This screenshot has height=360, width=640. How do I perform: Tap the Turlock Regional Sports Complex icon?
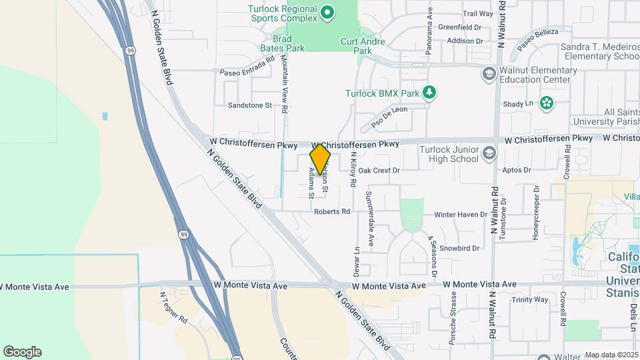[x=327, y=12]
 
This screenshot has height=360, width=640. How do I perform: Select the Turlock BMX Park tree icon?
[x=430, y=93]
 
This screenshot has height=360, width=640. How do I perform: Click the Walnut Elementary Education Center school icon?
[x=489, y=73]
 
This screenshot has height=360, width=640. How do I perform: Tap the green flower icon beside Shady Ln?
[x=547, y=103]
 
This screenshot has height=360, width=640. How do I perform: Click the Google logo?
[x=22, y=352]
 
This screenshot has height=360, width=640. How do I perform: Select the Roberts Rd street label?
[x=332, y=212]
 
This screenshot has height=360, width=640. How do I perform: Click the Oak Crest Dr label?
[x=379, y=171]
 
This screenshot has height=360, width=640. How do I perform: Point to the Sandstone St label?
[x=250, y=105]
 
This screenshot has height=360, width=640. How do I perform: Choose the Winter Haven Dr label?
[x=461, y=215]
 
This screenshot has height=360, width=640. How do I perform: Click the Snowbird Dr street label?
[x=460, y=248]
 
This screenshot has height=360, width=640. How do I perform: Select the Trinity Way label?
[x=530, y=299]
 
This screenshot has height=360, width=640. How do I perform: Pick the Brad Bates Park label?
[x=288, y=44]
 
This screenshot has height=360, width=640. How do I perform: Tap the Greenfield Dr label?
[x=460, y=27]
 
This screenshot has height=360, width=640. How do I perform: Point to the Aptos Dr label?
[x=518, y=171]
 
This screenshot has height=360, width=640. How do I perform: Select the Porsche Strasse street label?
[x=453, y=325]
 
